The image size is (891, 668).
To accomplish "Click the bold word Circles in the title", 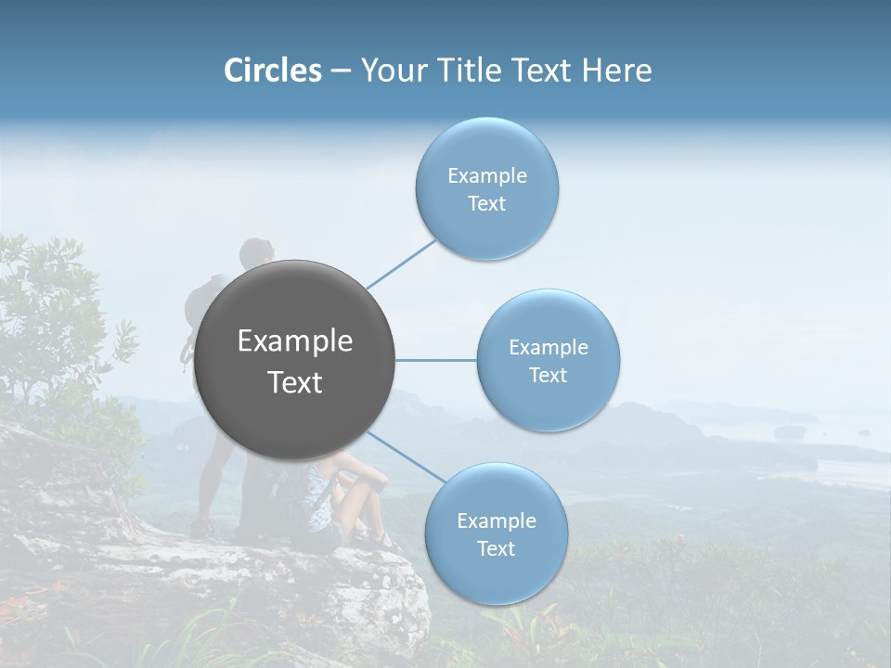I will [273, 71].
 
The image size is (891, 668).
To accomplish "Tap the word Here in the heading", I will [616, 71].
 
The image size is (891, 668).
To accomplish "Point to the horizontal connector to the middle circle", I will [435, 360].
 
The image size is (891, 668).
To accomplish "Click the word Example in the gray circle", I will [295, 341].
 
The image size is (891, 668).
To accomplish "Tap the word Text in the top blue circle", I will [486, 204].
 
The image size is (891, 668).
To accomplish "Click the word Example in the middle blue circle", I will [548, 348].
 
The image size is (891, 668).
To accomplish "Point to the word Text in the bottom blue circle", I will [496, 549].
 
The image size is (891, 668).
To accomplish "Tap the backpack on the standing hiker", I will [204, 306].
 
